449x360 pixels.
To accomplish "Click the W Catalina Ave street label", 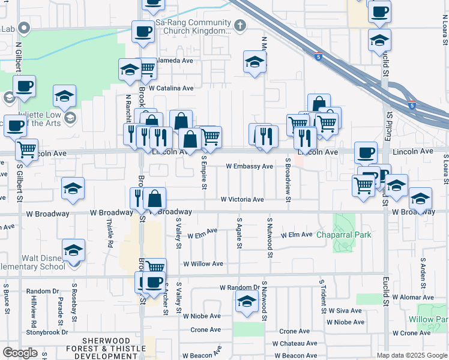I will coord(171,88).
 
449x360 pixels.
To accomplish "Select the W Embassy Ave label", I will coord(249,166).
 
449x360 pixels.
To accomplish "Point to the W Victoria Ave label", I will coord(242,199).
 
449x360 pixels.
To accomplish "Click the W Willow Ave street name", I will coord(203,263).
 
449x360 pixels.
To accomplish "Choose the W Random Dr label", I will coord(239,288).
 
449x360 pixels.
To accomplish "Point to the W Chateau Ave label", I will coord(295,344).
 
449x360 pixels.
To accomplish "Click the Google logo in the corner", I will coord(20,353).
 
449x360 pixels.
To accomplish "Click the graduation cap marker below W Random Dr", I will coord(246,302).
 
